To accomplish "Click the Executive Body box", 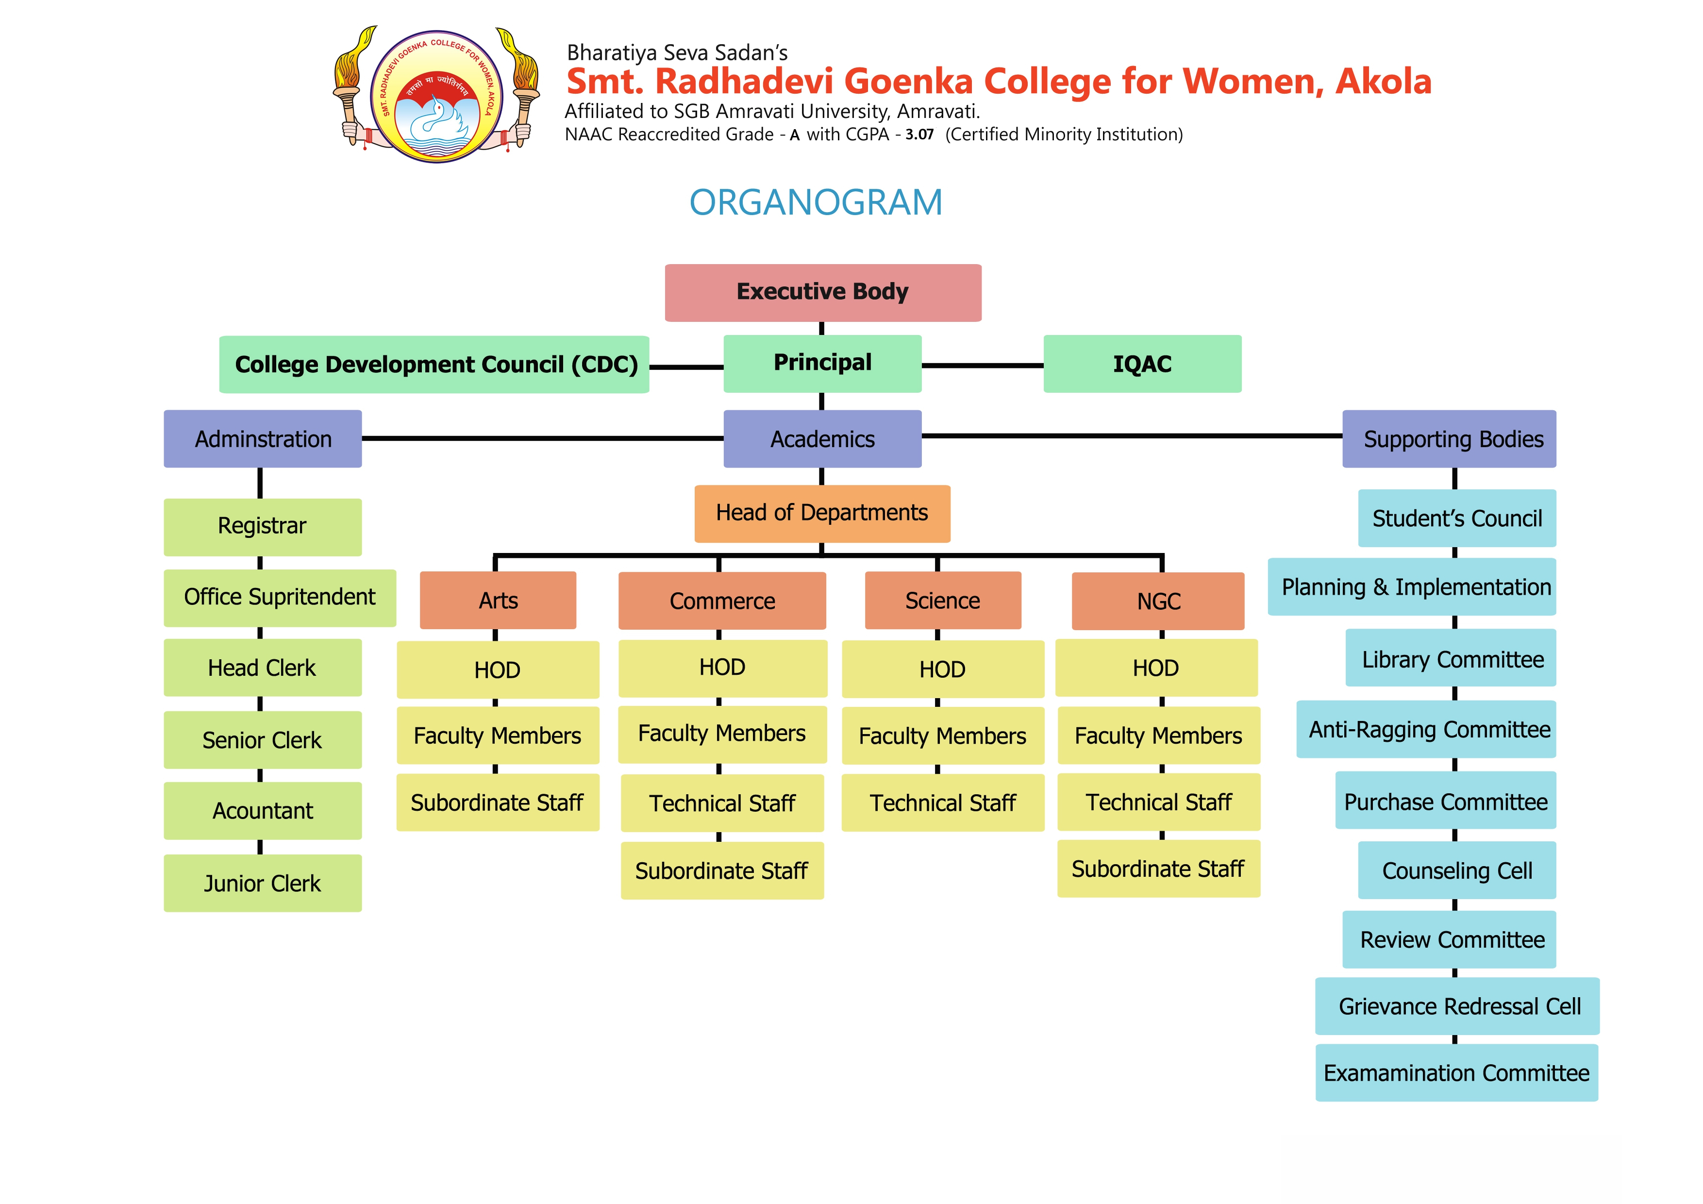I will point(822,292).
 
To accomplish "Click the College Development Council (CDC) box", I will point(434,364).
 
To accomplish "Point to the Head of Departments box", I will point(822,513).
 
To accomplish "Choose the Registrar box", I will point(263,527).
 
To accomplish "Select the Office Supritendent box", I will point(280,597).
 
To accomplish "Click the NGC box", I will point(1158,601).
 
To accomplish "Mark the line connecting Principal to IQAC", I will point(982,365).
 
